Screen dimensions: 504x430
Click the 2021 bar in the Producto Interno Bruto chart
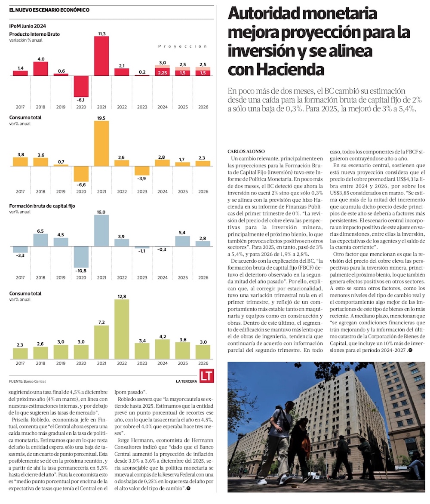(101, 56)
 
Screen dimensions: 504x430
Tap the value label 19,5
(101, 118)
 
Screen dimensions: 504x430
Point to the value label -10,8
(81, 270)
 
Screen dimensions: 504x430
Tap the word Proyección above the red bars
(182, 46)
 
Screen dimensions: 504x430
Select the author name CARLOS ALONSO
(246, 151)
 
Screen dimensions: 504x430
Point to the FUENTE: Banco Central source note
(27, 381)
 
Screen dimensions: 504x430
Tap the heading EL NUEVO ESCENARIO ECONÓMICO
(49, 9)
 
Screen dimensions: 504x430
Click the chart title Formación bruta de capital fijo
(42, 206)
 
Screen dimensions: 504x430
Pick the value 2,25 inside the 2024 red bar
(162, 73)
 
